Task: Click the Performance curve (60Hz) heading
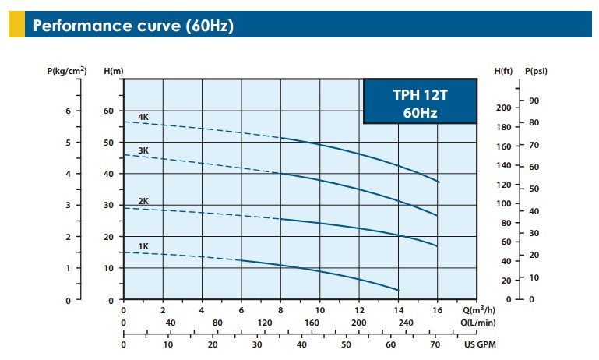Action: point(133,26)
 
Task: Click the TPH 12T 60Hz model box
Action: point(421,102)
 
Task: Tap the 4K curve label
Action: point(143,117)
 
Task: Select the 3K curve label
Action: point(143,150)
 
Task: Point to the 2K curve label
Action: point(143,201)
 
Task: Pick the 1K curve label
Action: point(143,246)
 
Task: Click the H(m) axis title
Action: point(114,72)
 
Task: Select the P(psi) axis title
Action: point(537,72)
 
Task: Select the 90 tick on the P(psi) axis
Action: point(534,101)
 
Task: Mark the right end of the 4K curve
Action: point(439,182)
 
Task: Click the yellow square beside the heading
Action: point(16,26)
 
